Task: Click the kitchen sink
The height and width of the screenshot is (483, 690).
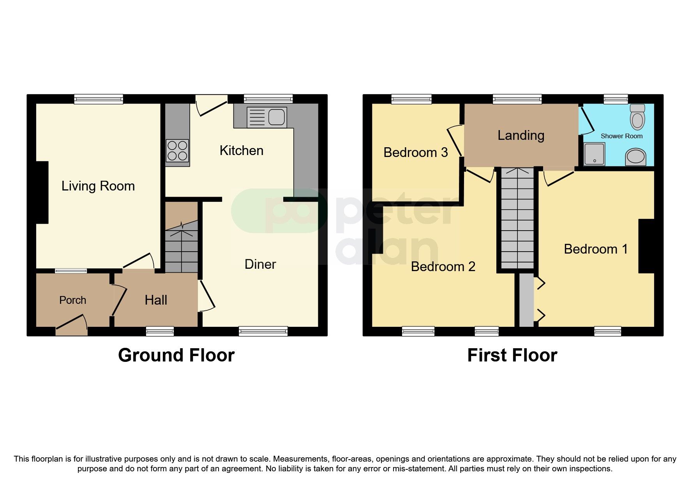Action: pos(267,117)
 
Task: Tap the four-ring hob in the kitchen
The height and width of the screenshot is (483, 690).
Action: pos(177,151)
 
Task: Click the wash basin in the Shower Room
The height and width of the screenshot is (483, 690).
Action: pos(635,157)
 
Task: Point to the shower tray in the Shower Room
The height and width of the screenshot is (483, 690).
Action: pos(594,154)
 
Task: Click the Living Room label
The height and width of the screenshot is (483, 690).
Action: pos(98,186)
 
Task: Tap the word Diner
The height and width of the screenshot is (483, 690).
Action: pos(260,264)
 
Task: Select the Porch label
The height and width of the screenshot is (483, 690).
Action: pos(72,300)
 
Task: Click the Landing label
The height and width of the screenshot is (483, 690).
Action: pos(521,136)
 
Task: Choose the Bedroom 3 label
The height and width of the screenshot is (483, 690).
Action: pos(415,153)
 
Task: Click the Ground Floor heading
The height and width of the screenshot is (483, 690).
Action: pos(176,355)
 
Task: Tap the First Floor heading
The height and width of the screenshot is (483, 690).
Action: pos(512,355)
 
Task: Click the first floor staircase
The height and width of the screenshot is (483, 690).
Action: pos(517,218)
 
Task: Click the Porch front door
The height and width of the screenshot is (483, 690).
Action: pos(72,326)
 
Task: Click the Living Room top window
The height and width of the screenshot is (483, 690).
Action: pos(99,99)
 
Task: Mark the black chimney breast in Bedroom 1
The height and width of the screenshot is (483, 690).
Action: pos(646,246)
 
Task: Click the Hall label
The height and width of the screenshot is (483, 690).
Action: pos(156,300)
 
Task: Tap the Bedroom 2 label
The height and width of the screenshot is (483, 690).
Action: pos(443,267)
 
